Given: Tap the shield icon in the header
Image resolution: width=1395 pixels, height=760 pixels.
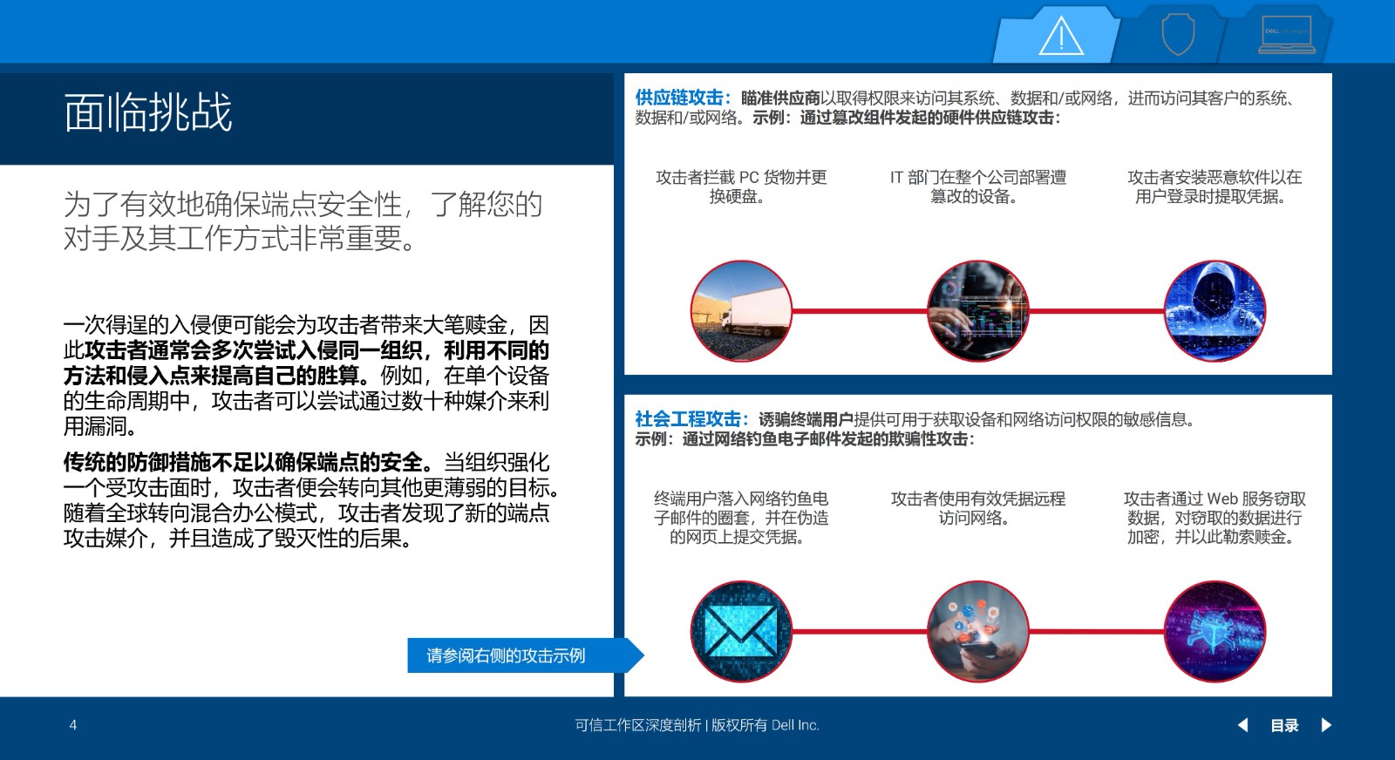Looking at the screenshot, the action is (1178, 35).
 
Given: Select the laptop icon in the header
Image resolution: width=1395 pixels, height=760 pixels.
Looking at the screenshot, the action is (1287, 35).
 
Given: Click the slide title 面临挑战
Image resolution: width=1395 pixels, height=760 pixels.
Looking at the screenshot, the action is (148, 112).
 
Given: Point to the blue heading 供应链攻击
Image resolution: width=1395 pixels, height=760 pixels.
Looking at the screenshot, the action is (679, 98).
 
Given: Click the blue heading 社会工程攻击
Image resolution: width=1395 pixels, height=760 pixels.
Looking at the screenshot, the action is (688, 419).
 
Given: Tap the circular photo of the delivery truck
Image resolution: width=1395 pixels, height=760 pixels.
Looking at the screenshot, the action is (741, 310).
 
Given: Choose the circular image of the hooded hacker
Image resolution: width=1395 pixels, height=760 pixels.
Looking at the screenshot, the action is (1215, 310).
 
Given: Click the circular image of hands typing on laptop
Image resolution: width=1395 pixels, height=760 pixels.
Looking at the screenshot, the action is (977, 310).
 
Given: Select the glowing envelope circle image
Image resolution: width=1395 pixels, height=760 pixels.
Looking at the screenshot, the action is (741, 631).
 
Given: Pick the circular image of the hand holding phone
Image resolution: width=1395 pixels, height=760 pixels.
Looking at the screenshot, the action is (977, 631).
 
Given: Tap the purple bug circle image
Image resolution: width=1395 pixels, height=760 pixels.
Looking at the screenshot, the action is (1215, 631).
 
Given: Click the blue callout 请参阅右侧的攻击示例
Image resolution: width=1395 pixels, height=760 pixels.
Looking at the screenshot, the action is (506, 655).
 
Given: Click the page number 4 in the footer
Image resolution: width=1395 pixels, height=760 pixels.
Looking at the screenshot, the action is (73, 725).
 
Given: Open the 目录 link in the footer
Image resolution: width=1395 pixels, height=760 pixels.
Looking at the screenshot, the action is (1284, 725).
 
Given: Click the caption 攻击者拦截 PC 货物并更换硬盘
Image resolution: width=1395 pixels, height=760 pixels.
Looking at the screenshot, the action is (741, 187).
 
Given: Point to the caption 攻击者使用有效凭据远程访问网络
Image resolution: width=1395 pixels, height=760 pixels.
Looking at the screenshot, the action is (977, 508).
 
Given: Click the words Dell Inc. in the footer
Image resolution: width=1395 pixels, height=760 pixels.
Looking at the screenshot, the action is (795, 725).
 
